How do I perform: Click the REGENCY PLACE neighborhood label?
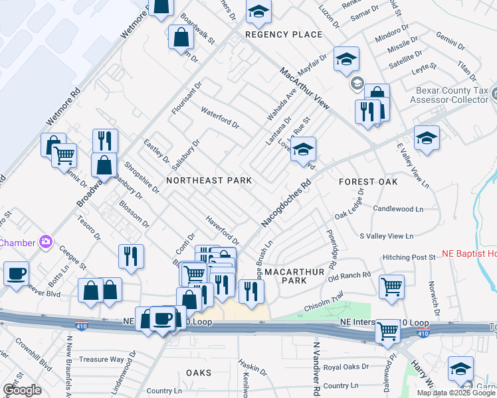pos(283,34)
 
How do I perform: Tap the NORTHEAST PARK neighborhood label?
pos(209,180)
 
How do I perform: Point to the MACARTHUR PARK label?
pos(294,276)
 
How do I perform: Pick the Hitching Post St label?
pos(408,257)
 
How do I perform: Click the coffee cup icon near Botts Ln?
pos(16,273)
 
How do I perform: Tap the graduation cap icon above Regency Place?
pos(259,11)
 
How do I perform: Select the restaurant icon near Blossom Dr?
pos(131,256)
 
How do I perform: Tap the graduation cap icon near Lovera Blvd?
pos(303,149)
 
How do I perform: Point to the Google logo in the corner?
pos(22,390)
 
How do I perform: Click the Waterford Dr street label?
pos(219,118)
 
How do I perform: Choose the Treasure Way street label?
pos(102,360)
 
